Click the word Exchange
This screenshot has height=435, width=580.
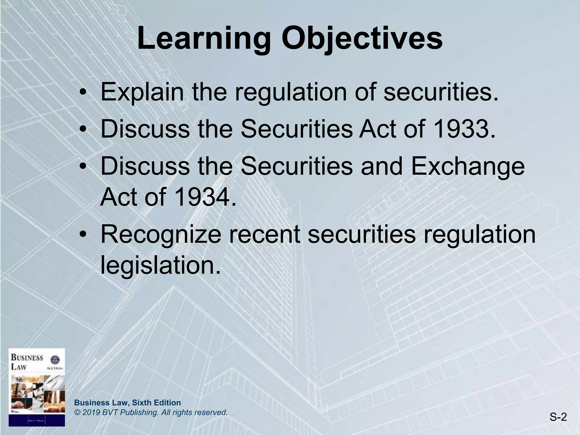468,166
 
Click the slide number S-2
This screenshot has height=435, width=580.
558,417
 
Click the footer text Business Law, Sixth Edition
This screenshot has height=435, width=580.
127,403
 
